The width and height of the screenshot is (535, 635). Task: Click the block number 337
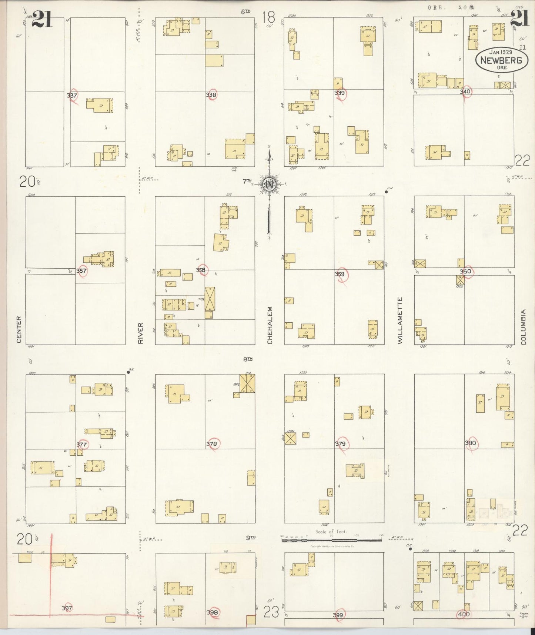72,95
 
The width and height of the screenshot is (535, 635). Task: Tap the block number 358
201,270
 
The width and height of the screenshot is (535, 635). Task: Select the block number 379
340,443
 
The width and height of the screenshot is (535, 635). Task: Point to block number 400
464,614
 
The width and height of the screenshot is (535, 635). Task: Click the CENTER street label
19,329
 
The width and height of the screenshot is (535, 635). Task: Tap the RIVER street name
140,333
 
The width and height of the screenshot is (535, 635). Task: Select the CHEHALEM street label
270,325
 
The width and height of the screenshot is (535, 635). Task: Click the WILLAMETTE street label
400,320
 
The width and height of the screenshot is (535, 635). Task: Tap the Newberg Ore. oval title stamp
501,60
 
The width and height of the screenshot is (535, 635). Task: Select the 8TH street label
248,359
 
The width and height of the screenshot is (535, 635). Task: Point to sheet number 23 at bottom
271,614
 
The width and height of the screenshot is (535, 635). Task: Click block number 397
67,608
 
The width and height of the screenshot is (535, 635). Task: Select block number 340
465,91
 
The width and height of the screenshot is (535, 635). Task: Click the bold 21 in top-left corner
42,19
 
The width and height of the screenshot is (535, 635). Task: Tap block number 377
81,444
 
